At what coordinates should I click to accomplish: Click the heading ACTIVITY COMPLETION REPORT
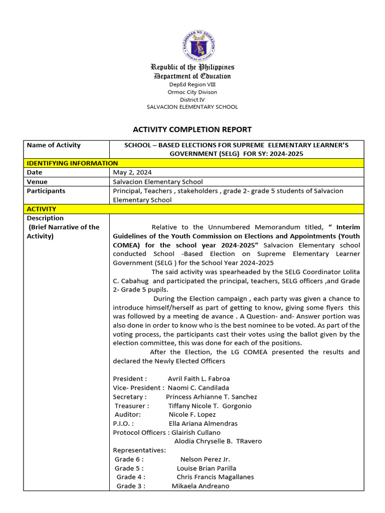click(x=192, y=129)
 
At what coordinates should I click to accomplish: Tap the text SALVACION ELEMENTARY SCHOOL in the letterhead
click(x=192, y=107)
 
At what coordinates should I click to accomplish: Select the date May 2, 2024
click(x=129, y=172)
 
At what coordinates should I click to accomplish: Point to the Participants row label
click(x=46, y=191)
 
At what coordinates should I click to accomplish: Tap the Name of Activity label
click(x=54, y=145)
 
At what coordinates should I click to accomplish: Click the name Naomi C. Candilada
click(x=198, y=388)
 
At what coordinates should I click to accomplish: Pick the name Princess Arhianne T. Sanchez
click(x=212, y=397)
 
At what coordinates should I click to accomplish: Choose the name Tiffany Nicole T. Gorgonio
click(x=210, y=406)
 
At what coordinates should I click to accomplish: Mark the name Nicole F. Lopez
click(x=192, y=415)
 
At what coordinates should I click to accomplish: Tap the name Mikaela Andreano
click(x=201, y=486)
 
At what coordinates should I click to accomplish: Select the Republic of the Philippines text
click(x=193, y=67)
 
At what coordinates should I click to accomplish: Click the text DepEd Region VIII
click(x=192, y=85)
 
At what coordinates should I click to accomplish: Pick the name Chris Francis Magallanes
click(x=215, y=477)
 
